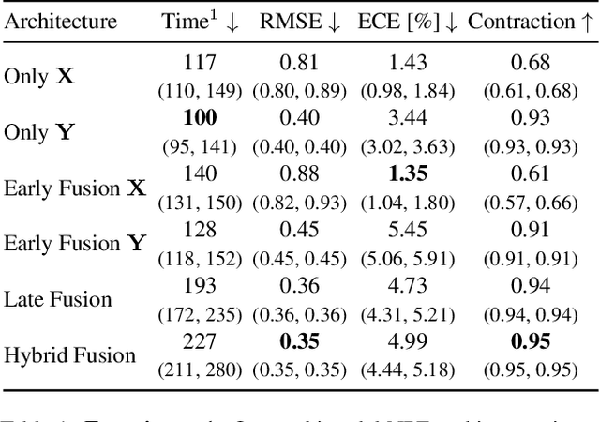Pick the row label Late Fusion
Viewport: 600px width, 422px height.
[58, 299]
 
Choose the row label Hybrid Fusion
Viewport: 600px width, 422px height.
[70, 355]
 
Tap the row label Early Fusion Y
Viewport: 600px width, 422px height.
[75, 244]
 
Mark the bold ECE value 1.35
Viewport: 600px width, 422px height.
[408, 174]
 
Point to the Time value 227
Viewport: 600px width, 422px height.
[201, 341]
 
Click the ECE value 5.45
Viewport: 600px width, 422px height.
[408, 230]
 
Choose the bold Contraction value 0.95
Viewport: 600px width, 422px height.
[531, 341]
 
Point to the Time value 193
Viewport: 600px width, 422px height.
[201, 285]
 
